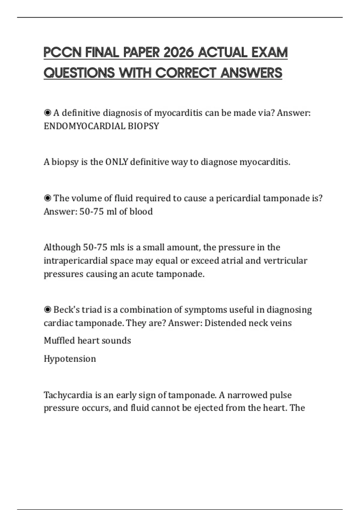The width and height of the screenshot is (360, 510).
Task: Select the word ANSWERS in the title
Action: [x=251, y=73]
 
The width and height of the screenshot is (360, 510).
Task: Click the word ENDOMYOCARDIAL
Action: [x=85, y=126]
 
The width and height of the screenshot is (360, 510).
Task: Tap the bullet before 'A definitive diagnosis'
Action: [x=47, y=113]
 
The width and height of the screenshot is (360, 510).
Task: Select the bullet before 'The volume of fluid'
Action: [x=47, y=198]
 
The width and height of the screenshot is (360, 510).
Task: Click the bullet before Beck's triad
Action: [x=47, y=310]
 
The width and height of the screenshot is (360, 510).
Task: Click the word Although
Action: [x=62, y=247]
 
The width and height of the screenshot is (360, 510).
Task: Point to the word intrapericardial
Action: [x=76, y=260]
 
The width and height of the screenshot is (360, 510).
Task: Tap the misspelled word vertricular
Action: [x=285, y=260]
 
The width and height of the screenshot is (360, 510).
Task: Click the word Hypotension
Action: [x=70, y=358]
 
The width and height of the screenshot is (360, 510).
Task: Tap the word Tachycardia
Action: [x=68, y=395]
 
